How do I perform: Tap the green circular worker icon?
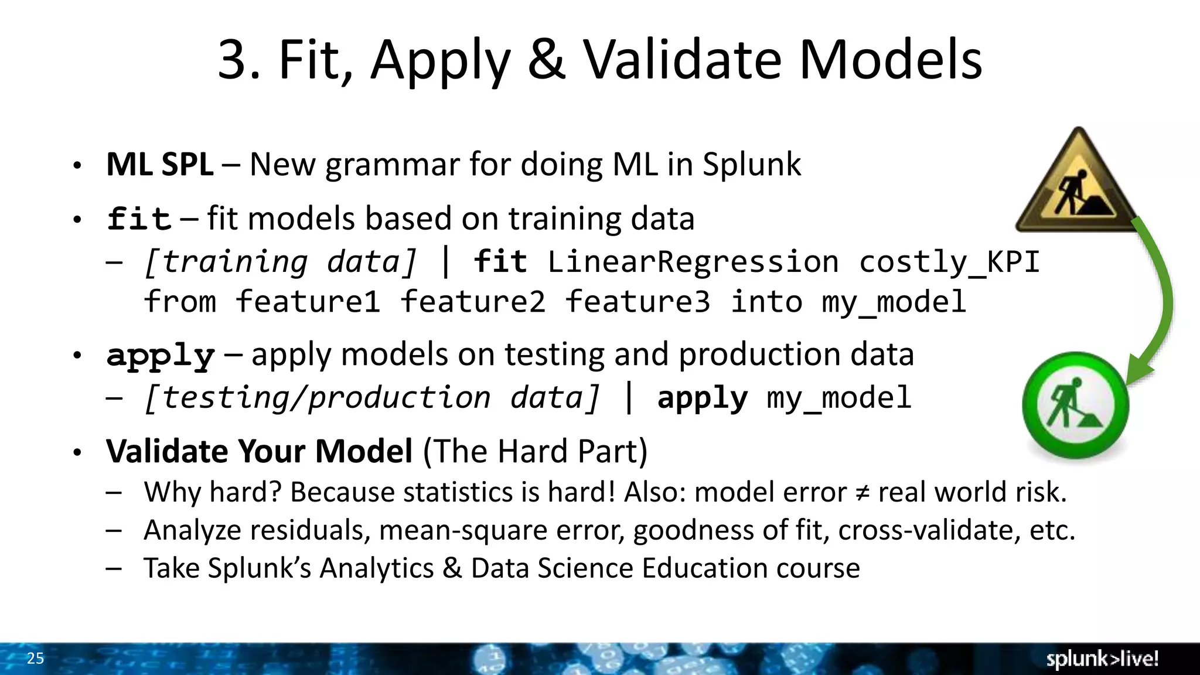point(1076,405)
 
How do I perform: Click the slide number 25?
point(35,659)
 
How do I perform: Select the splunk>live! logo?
point(1102,659)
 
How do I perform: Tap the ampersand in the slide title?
point(546,60)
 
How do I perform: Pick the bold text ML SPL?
point(159,165)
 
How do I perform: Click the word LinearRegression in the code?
point(693,261)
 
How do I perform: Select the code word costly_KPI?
point(949,261)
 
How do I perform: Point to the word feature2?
point(473,302)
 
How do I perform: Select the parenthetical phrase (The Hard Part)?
point(535,451)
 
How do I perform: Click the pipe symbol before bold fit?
point(445,261)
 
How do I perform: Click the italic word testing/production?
point(317,398)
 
